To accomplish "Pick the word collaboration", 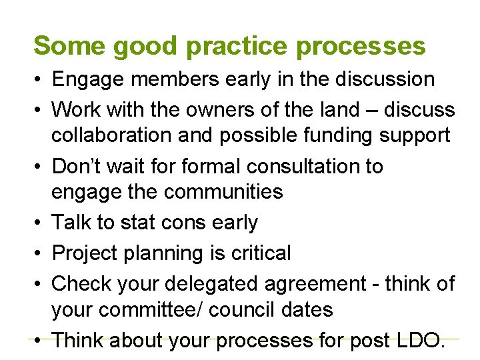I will pyautogui.click(x=117, y=135).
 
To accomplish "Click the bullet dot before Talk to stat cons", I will pyautogui.click(x=38, y=223).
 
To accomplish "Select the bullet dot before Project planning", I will pyautogui.click(x=38, y=253).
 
